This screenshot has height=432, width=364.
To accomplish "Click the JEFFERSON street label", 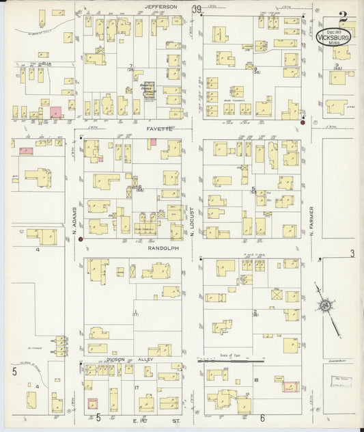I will click(160, 7).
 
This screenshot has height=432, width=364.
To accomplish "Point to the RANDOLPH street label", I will click(163, 249).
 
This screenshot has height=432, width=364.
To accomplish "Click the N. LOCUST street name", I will click(193, 222).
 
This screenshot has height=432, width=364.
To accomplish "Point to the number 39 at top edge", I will click(197, 9).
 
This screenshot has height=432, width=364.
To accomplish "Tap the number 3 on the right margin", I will click(352, 254).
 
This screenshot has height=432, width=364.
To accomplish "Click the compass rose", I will click(328, 305).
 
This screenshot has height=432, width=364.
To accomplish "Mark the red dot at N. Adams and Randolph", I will click(81, 239).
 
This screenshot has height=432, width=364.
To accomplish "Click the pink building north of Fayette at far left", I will click(55, 111).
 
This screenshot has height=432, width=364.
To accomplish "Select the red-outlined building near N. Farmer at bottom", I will click(291, 388).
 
